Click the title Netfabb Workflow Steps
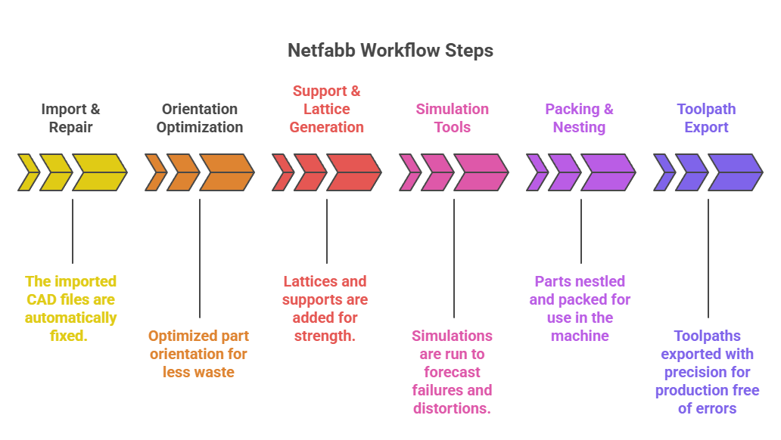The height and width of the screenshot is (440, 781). (390, 51)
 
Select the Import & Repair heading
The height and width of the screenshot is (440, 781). (70, 118)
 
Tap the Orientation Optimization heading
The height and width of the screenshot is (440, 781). (200, 118)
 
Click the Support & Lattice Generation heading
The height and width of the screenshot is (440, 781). (327, 109)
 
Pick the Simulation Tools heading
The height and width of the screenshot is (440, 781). (453, 118)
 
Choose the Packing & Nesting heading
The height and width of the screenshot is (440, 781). (579, 118)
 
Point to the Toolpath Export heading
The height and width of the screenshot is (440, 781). (706, 118)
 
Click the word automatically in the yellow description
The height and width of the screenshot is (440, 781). (70, 318)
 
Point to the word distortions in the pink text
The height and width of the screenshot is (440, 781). (453, 408)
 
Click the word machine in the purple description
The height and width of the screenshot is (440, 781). (580, 336)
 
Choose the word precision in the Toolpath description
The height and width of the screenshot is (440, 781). (707, 372)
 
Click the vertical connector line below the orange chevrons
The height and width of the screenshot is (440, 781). (200, 257)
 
